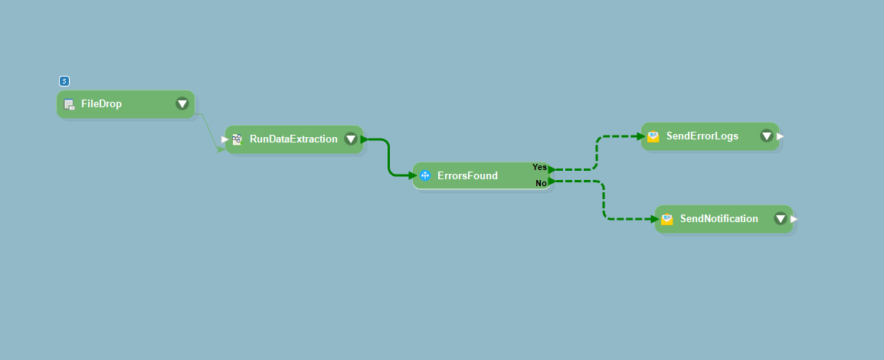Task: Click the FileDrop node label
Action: coord(101,104)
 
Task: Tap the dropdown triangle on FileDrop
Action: coord(182,104)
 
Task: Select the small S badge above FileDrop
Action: coord(64,81)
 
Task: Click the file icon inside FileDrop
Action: coord(69,104)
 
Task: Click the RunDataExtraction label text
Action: coord(293,139)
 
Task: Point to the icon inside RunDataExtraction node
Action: coord(237,139)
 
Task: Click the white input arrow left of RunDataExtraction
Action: coord(224,139)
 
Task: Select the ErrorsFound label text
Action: coord(467,175)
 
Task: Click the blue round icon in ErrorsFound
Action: coord(425,175)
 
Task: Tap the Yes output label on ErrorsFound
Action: coord(539,167)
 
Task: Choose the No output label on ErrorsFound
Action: coord(541,183)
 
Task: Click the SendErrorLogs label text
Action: coord(702,136)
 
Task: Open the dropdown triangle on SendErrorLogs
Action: coord(766,136)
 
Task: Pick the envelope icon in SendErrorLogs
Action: coord(653,136)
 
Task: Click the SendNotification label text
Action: coord(719,219)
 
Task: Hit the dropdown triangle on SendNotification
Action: coord(780,219)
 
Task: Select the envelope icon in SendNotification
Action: coord(667,219)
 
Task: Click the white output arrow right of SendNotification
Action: coord(794,219)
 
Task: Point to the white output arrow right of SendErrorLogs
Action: coord(781,136)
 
